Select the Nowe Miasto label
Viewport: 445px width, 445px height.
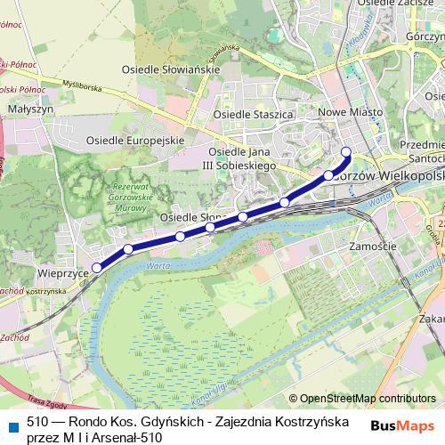coord(351,112)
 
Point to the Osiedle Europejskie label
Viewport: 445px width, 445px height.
coord(134,141)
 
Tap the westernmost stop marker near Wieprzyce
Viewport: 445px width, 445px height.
coord(97,267)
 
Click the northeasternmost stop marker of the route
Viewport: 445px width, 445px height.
coord(346,150)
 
